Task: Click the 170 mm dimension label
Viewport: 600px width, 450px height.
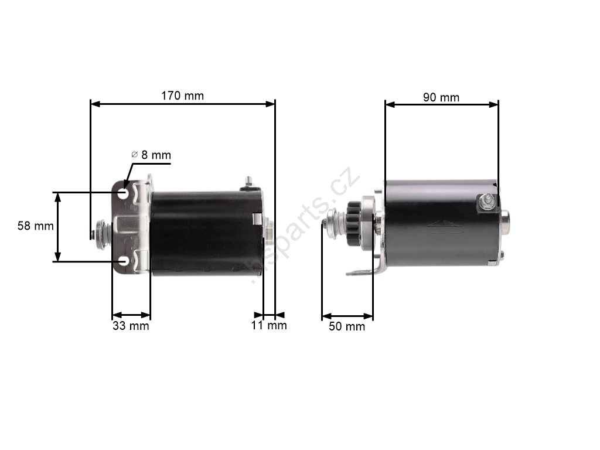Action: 183,96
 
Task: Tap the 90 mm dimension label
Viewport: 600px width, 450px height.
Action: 441,98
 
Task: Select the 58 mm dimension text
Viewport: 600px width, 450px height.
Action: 36,226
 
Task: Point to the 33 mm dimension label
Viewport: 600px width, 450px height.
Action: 131,326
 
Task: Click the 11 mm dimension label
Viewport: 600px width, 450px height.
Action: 269,326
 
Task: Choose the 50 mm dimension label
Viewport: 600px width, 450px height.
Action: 347,326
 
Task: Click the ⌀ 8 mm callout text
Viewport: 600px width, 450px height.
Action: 151,155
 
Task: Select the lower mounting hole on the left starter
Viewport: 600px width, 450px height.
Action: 124,261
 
